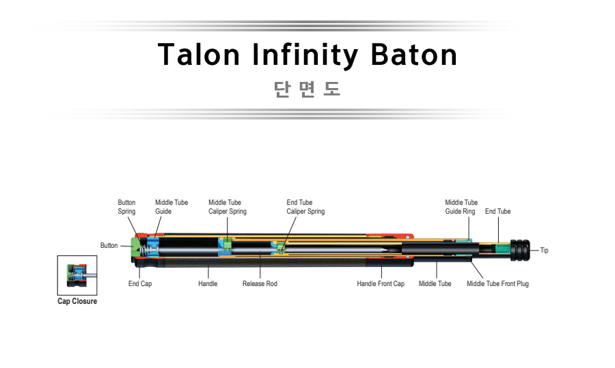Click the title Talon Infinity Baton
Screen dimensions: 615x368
pos(307,55)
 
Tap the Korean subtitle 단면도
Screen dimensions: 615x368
pos(307,89)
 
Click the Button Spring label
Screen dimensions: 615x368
pos(126,207)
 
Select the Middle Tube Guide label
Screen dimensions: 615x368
pos(172,207)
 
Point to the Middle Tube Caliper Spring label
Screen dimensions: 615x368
pos(228,207)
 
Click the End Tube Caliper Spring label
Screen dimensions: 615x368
pos(305,207)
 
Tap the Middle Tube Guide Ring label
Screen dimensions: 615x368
pos(461,207)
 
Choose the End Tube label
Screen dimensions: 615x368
pos(497,211)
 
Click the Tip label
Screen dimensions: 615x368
pos(544,250)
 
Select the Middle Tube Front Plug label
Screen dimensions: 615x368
pos(497,283)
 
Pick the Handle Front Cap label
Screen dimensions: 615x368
pos(381,283)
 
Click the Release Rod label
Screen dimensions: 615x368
pos(260,283)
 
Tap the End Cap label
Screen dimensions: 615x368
pos(140,283)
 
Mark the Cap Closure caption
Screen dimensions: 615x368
pos(77,301)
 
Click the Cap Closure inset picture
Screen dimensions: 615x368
pos(77,275)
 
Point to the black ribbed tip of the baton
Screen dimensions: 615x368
pos(520,250)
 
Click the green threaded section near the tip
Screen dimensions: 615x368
pos(503,249)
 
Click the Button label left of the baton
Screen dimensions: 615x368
pos(109,245)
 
